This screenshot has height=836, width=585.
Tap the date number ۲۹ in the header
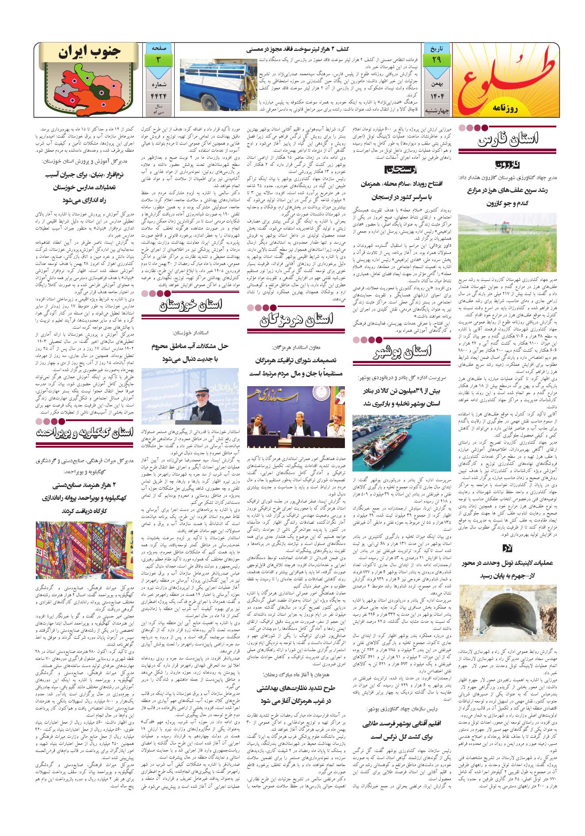point(436,59)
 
